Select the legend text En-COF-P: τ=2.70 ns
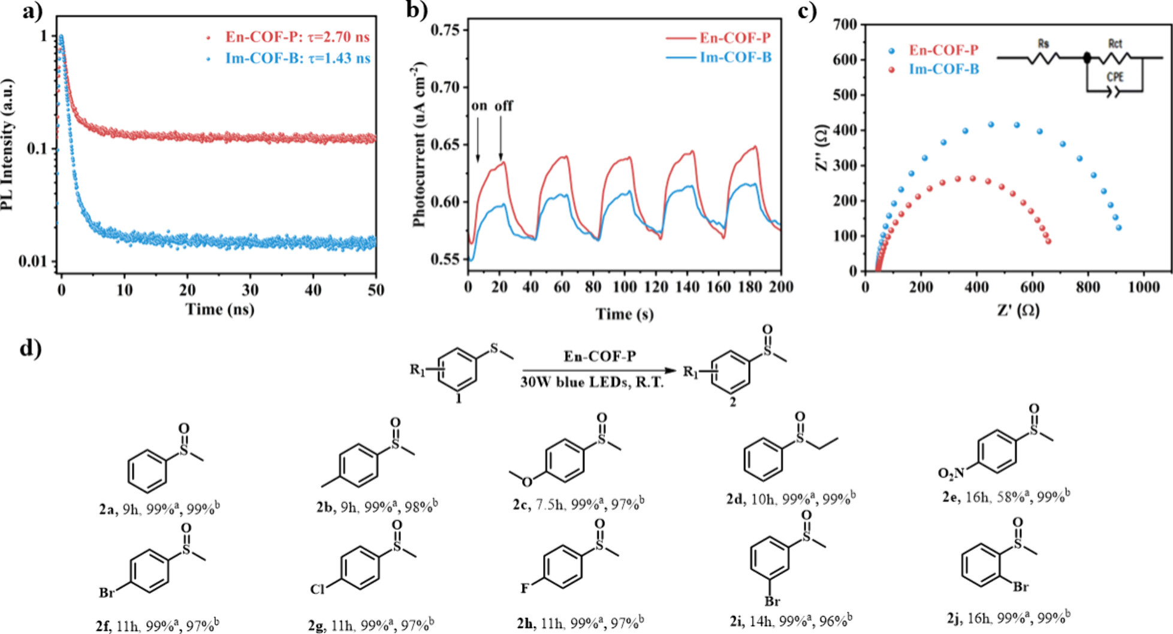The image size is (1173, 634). [297, 37]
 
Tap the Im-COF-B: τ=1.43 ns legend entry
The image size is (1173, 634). [297, 58]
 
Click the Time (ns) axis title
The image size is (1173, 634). [219, 309]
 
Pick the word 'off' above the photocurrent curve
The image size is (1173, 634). [503, 106]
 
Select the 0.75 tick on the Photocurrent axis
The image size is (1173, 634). [449, 30]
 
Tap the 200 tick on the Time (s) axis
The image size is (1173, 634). [780, 287]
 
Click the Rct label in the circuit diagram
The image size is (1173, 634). [1115, 43]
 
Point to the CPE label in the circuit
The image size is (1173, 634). [1115, 77]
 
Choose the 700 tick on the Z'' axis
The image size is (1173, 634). [845, 25]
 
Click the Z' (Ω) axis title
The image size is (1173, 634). [1018, 310]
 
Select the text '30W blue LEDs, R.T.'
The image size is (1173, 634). [592, 382]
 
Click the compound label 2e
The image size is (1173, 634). [949, 497]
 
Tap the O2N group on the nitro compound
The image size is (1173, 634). [951, 473]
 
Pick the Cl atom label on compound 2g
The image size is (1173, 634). [317, 589]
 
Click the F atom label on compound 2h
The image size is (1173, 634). [524, 588]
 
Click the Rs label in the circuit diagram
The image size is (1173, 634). [1044, 43]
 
